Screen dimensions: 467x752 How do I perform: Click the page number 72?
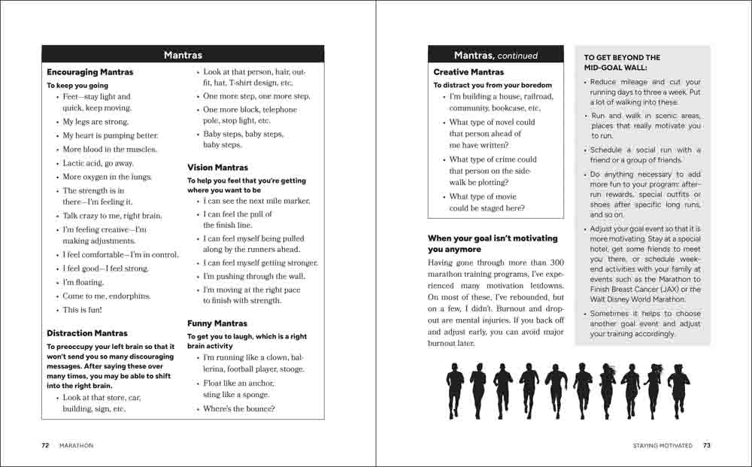point(45,445)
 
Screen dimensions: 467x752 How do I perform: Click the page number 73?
point(706,445)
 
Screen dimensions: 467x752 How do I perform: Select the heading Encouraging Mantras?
point(89,72)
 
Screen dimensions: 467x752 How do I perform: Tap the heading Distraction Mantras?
point(86,333)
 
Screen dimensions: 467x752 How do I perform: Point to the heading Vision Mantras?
point(217,168)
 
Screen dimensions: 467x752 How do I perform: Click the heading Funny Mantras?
point(217,323)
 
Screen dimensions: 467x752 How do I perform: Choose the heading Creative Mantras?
point(468,72)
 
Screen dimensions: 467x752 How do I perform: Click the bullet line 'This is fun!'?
point(82,310)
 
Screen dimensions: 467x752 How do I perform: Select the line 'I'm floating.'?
point(83,282)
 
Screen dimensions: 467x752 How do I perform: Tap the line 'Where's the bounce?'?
point(238,409)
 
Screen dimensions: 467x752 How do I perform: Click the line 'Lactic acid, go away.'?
point(98,163)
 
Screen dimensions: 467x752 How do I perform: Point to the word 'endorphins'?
point(130,296)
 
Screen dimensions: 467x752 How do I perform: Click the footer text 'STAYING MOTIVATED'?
point(662,445)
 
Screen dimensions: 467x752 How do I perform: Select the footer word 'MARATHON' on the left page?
point(76,445)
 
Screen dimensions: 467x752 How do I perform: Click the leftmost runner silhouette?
point(455,391)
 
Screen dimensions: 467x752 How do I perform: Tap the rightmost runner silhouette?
point(678,391)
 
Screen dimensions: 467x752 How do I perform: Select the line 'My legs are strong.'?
point(96,122)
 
